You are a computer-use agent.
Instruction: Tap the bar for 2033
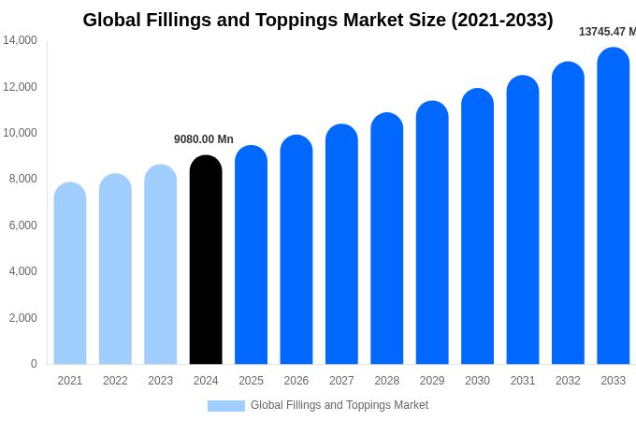(x=613, y=206)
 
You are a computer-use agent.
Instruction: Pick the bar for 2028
(x=386, y=239)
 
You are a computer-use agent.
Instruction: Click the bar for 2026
(x=296, y=250)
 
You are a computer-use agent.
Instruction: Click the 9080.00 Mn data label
(x=204, y=139)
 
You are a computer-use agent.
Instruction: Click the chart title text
(x=318, y=20)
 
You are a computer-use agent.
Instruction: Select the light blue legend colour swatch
(x=226, y=406)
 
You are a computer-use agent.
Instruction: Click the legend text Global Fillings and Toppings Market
(x=340, y=405)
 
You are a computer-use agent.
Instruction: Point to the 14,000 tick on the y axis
(x=20, y=40)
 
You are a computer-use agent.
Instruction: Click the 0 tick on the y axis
(x=34, y=364)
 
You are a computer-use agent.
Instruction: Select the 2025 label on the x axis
(x=251, y=381)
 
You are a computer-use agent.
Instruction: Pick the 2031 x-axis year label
(x=523, y=381)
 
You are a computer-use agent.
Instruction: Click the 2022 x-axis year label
(x=115, y=381)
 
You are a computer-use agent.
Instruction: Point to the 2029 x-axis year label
(x=432, y=381)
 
